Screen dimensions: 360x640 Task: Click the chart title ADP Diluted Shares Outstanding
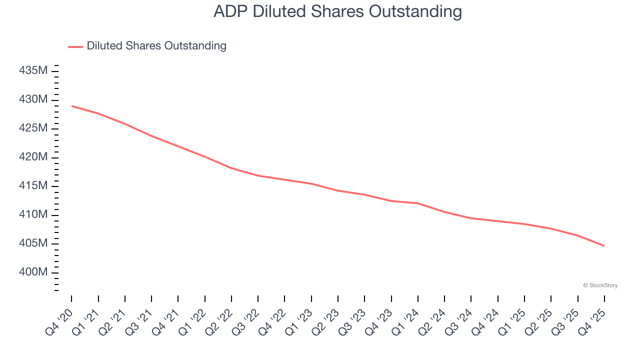(337, 11)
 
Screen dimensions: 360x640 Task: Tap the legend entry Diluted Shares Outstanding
(156, 46)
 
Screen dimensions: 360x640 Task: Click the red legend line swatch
(75, 46)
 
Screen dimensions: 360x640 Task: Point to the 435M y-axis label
(33, 70)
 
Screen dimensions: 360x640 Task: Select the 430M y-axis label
(33, 99)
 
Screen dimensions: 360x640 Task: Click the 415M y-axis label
(33, 186)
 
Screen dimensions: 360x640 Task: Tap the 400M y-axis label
(33, 272)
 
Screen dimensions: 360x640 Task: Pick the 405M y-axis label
(33, 243)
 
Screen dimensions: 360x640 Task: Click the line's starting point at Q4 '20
(71, 106)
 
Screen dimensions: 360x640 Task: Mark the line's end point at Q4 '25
(604, 245)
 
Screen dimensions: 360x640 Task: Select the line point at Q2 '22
(231, 168)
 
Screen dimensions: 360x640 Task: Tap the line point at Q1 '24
(417, 203)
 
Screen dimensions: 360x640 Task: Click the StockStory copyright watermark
(600, 285)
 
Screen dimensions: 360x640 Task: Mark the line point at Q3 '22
(258, 175)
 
